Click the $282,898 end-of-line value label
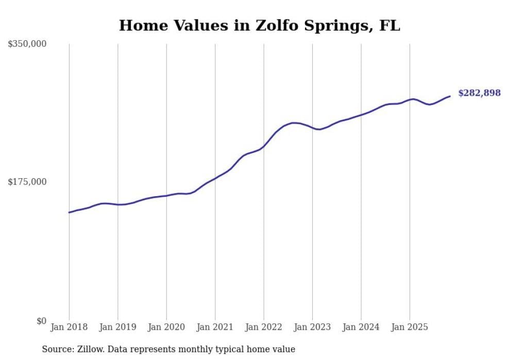point(479,93)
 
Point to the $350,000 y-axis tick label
point(27,44)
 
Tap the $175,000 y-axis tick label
point(27,182)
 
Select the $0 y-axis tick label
point(41,321)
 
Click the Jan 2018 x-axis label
point(69,327)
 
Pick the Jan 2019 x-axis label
point(117,327)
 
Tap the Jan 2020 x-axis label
point(166,327)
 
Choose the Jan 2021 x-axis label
point(215,327)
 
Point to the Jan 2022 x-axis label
point(264,327)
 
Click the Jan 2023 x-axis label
point(312,327)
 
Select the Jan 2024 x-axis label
point(361,327)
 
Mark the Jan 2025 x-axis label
point(410,327)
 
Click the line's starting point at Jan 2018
point(69,212)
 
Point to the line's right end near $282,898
point(450,96)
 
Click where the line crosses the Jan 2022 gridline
point(264,146)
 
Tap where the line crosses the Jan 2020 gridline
point(166,196)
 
